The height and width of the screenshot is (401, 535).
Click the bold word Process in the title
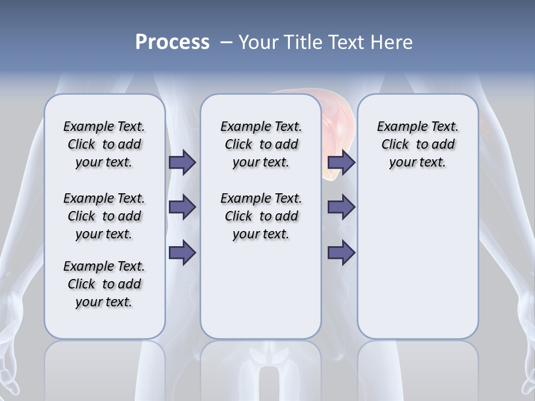(172, 42)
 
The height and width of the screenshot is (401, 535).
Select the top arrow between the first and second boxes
(182, 163)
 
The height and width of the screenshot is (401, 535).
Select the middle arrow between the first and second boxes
(182, 207)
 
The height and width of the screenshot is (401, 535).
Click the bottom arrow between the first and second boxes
(182, 252)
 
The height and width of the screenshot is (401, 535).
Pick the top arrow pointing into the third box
(341, 163)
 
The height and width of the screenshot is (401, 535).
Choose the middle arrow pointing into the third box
(341, 207)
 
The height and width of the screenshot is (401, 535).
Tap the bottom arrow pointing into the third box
(341, 252)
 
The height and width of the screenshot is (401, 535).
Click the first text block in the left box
(104, 144)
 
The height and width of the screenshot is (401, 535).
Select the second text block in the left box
(104, 216)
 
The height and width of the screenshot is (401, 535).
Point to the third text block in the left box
(104, 284)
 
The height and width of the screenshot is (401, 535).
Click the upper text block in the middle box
(261, 144)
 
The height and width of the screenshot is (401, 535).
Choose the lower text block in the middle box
(261, 216)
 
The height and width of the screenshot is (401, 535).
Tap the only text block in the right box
(417, 144)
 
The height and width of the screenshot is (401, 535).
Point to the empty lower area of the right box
(417, 262)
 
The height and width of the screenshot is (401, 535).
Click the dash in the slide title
(226, 42)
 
